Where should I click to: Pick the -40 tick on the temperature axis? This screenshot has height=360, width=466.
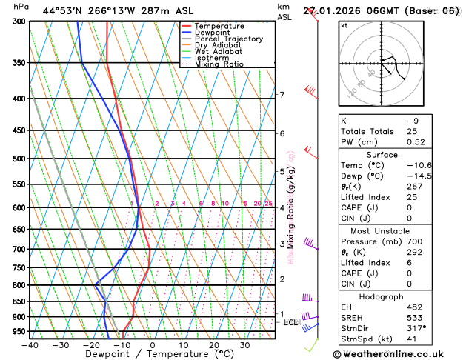[x=30, y=345]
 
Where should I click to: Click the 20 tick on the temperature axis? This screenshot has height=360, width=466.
[x=213, y=345]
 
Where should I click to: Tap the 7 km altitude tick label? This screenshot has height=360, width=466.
[x=282, y=95]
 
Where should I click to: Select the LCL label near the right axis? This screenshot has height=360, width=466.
[x=290, y=322]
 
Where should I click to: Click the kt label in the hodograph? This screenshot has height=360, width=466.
[x=344, y=26]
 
